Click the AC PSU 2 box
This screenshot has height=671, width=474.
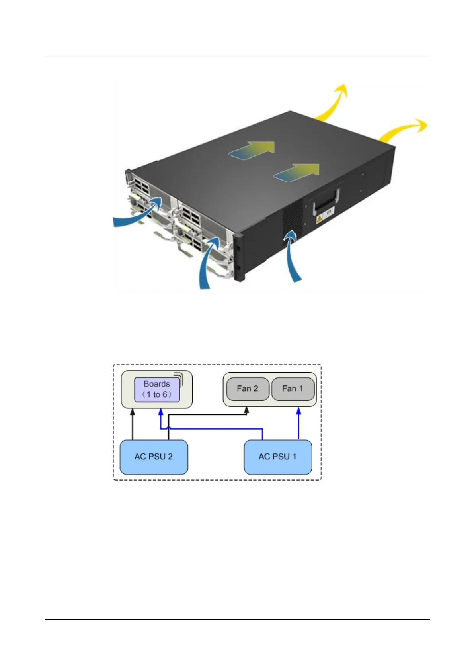(x=154, y=457)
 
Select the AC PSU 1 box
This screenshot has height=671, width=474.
(x=277, y=457)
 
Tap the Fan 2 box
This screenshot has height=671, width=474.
(x=247, y=389)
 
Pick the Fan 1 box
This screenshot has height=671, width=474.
(x=293, y=389)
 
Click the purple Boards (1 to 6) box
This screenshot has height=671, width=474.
(x=157, y=390)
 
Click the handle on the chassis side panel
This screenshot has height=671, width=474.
(x=327, y=201)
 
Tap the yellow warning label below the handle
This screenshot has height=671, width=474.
(x=324, y=218)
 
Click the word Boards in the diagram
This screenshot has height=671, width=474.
(x=157, y=384)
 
